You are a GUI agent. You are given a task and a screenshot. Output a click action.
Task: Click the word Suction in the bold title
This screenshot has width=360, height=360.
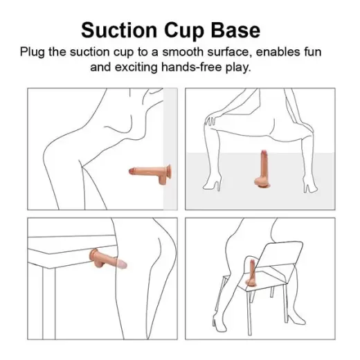[x=118, y=30]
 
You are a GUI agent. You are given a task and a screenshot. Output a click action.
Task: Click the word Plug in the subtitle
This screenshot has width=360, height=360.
[x=33, y=53]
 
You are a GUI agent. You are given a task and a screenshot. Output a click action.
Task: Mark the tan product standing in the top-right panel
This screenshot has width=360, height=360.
[x=264, y=170]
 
